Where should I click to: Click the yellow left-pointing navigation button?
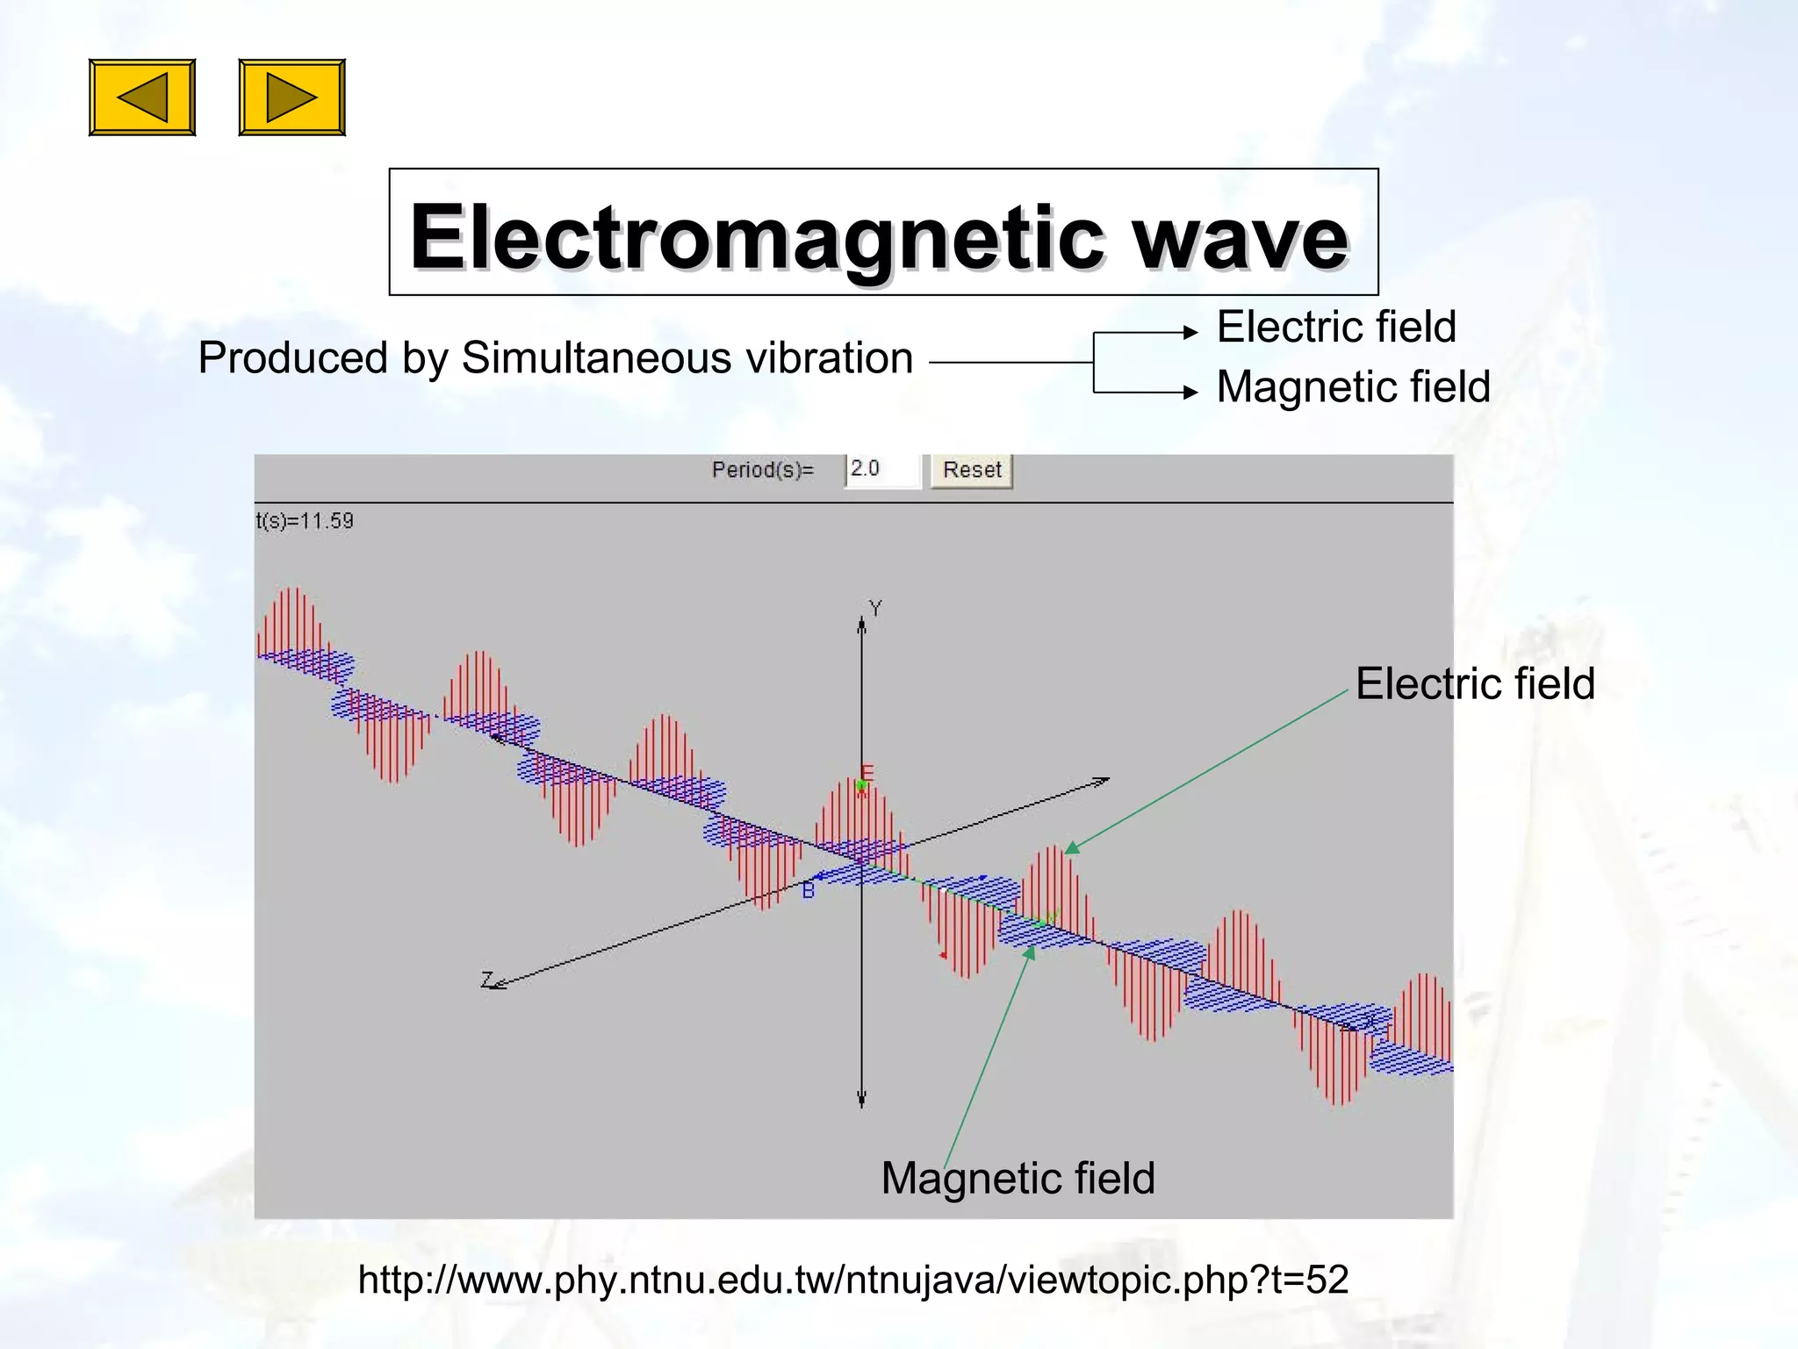click(142, 97)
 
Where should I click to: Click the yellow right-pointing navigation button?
click(291, 97)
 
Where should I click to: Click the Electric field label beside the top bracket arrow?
click(1335, 327)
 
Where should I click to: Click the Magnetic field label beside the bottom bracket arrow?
click(1353, 386)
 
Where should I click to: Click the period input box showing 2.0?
click(881, 469)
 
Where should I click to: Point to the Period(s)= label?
click(762, 470)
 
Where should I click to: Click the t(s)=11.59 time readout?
click(305, 521)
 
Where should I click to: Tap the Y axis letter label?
click(875, 608)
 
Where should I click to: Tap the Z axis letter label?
click(487, 979)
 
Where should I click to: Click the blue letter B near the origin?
click(809, 891)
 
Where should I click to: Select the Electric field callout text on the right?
click(1474, 683)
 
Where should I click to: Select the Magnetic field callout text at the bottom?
click(1018, 1178)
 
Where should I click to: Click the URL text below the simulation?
click(852, 1280)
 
